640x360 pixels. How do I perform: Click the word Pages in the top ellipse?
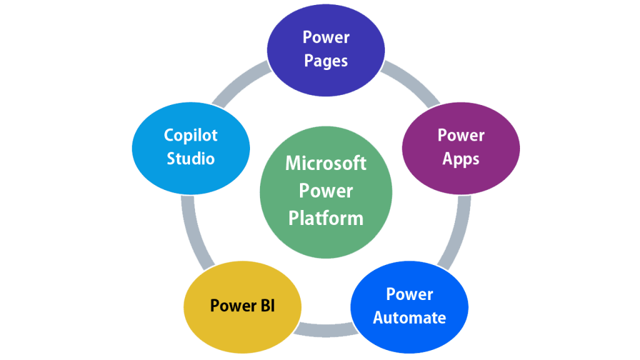326,61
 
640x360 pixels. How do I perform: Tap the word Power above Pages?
326,37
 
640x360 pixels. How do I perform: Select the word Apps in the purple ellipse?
461,159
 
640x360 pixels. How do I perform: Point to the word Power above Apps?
461,135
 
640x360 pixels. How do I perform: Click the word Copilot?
191,135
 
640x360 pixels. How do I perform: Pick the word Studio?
191,159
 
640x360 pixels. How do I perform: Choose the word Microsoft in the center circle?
326,163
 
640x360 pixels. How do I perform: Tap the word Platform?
326,218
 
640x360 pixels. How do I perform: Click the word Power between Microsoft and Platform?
326,191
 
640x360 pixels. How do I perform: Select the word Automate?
409,317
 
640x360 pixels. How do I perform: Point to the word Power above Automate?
409,294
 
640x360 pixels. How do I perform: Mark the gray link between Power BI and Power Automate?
325,330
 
